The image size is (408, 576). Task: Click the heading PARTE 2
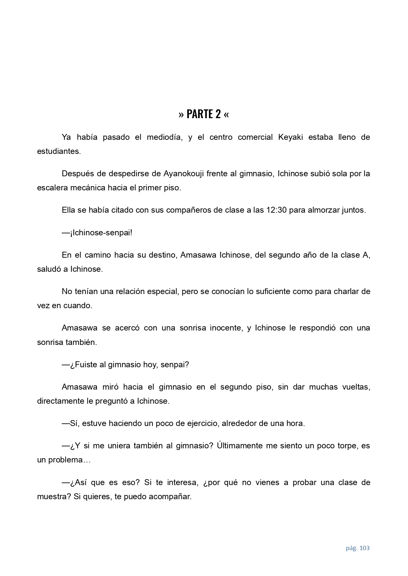(204, 114)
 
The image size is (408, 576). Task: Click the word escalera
(52, 188)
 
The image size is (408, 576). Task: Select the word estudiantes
(58, 151)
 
